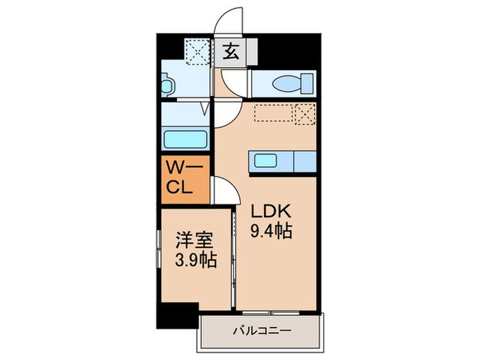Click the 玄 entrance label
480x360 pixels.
point(232,52)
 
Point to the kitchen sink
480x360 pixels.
point(267,162)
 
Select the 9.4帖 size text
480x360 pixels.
point(273,231)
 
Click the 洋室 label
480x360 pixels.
point(193,241)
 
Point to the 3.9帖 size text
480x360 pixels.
point(193,260)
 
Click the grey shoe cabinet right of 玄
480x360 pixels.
point(250,51)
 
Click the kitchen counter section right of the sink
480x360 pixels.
point(306,162)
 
